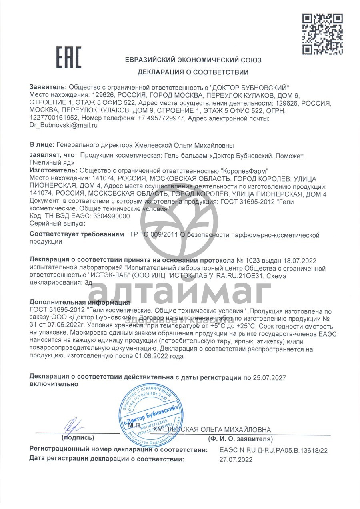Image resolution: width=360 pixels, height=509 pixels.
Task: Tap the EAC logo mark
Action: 68,57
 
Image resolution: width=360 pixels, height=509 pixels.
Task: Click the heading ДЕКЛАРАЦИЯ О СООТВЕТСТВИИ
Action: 193,72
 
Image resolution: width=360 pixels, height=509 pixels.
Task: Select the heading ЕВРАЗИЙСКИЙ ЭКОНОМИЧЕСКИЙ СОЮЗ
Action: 193,60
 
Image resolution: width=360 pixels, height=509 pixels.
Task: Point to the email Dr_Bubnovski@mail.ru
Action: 64,125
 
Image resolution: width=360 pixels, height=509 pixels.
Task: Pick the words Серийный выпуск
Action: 52,223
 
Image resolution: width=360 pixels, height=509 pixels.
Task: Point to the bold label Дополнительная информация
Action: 80,302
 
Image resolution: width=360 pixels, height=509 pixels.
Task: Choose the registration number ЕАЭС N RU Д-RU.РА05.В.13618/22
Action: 273,450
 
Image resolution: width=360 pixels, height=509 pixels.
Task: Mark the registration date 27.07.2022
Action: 236,460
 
